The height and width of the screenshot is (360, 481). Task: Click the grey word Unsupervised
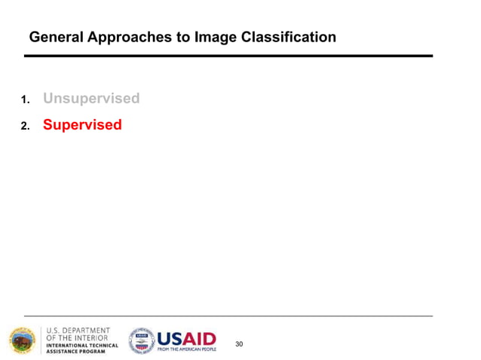pos(91,98)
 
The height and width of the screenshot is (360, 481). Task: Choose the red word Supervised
pos(82,124)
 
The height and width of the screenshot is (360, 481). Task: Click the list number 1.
pos(25,99)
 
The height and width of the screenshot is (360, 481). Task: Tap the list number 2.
pos(25,126)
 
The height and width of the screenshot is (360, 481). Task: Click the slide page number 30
pos(239,343)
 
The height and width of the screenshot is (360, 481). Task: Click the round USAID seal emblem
pos(141,340)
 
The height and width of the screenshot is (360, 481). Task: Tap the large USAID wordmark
pos(186,338)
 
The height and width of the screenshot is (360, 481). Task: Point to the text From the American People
pos(186,349)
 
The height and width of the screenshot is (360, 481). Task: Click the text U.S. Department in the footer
pos(78,330)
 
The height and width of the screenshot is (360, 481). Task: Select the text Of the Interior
pos(77,337)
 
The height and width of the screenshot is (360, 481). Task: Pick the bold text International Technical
pos(82,345)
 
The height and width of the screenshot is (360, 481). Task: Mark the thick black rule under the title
pos(228,56)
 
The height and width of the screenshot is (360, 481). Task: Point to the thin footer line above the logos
pos(228,315)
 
